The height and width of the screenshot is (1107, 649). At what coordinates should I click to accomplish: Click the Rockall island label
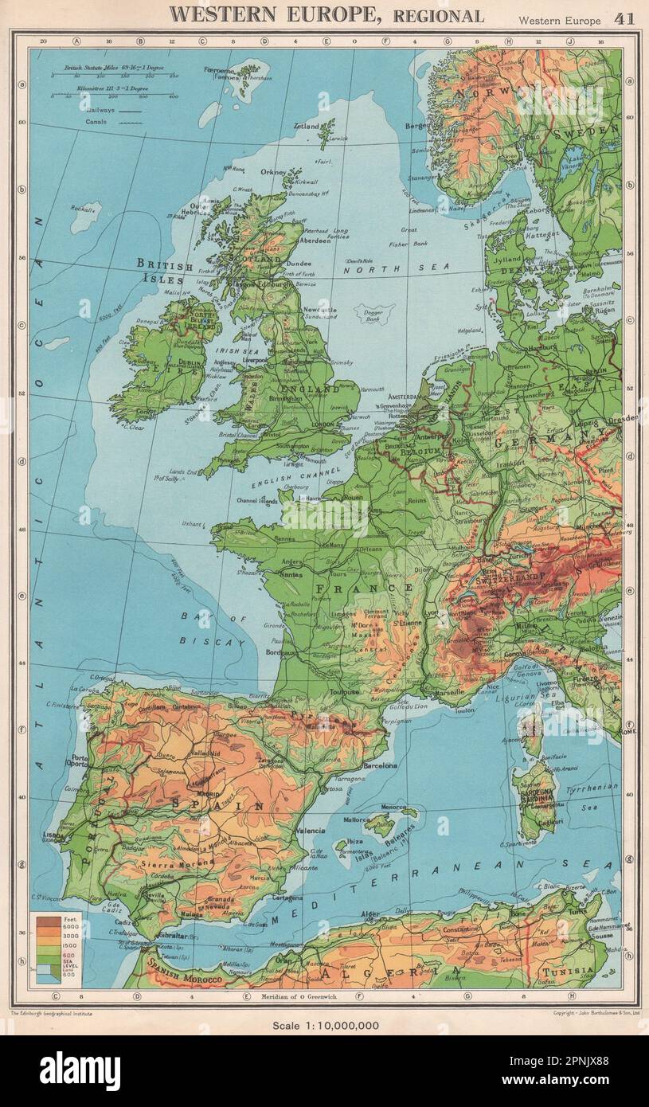(x=80, y=209)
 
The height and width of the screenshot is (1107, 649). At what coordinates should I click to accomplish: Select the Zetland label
(x=306, y=126)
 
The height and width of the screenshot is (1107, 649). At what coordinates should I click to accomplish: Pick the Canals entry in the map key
(x=93, y=123)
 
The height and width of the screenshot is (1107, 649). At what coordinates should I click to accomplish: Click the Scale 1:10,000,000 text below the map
(x=324, y=1025)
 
